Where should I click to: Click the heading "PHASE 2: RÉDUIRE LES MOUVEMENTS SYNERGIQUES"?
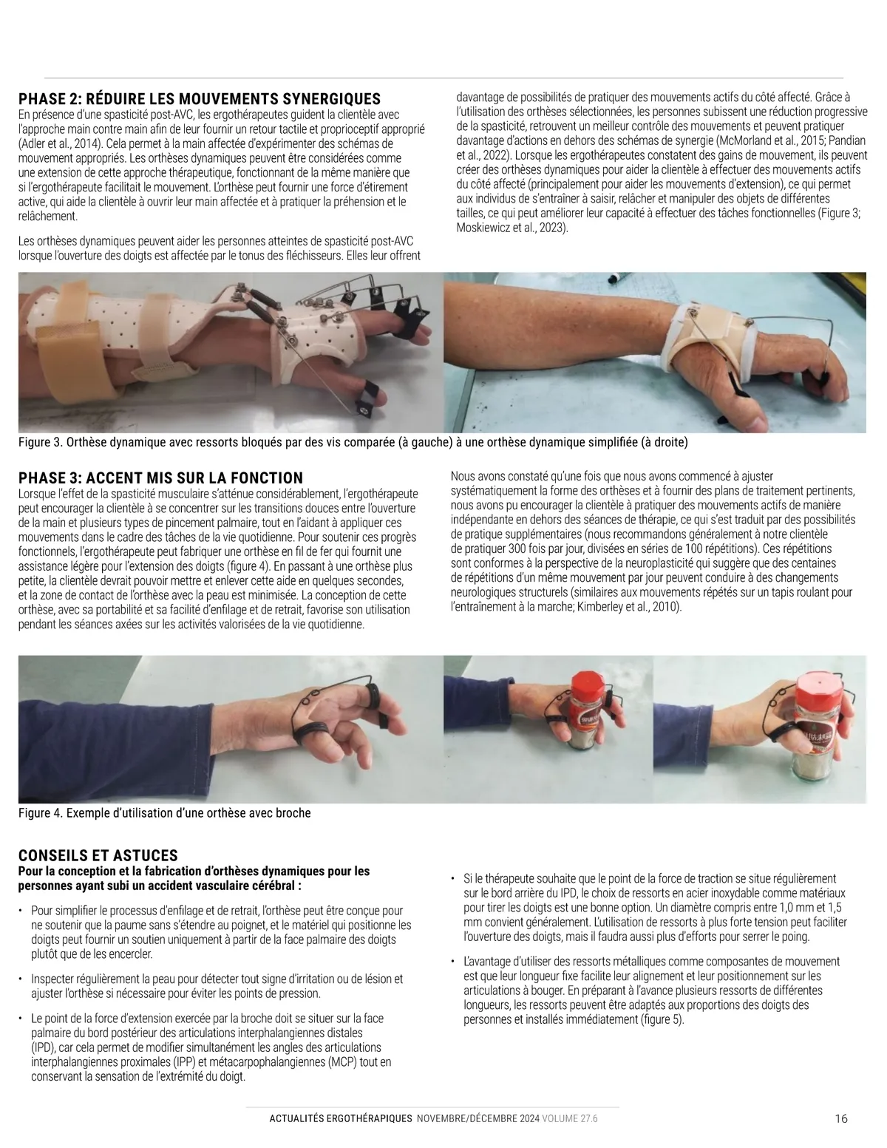[199, 99]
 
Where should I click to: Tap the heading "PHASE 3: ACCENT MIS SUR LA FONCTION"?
[160, 478]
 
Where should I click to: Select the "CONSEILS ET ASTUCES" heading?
[98, 855]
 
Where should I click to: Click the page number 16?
[841, 1118]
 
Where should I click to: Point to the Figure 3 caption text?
[353, 442]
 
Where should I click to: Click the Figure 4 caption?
[164, 813]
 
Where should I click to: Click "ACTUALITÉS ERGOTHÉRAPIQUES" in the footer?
[341, 1118]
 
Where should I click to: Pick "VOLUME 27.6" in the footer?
[569, 1118]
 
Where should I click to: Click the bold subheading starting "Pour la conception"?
[194, 878]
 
